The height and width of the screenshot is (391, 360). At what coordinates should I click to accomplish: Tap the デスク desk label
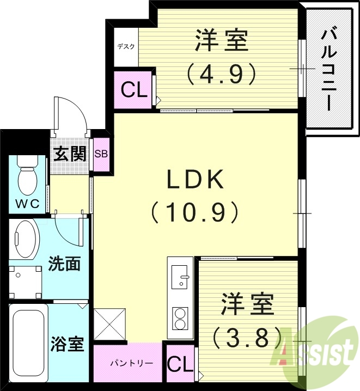coord(126,46)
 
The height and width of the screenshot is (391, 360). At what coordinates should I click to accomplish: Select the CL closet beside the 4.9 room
coord(134,90)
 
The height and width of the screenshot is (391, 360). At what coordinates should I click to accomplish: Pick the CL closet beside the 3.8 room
coord(180,364)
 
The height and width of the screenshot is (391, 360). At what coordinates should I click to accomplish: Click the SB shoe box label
coord(101,154)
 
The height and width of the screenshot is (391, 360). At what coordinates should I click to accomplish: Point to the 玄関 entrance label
coord(70,154)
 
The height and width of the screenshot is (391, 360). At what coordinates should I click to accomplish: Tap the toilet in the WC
coord(26,177)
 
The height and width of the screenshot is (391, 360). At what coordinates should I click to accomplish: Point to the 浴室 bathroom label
coord(67,344)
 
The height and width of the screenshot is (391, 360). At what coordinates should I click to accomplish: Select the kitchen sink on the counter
coord(179,277)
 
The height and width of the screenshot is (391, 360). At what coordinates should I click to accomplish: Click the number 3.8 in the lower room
coord(248,338)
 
